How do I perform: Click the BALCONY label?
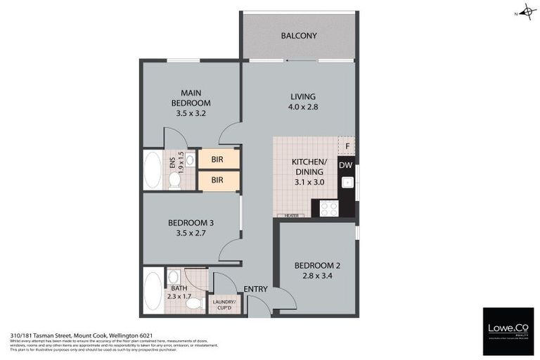point(299,36)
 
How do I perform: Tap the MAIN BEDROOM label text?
point(191,98)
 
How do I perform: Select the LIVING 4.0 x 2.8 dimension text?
point(303,108)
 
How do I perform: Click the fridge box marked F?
point(346,146)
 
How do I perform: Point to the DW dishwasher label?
point(345,165)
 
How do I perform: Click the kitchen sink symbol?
point(345,183)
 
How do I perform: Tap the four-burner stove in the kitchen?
point(328,208)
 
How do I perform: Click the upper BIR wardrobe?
point(218,160)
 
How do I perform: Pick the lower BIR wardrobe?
point(218,180)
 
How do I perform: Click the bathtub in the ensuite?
point(153,169)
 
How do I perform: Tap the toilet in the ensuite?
point(175,180)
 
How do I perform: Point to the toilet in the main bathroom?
point(193,303)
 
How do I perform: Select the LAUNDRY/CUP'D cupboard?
point(225,304)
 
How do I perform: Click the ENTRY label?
point(255,289)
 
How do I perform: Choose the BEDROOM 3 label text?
point(191,224)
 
